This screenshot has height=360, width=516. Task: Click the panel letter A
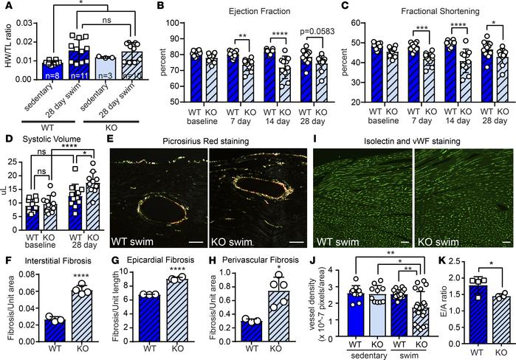coord(7,7)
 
